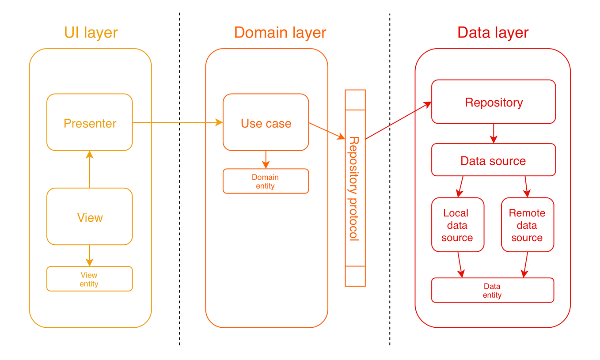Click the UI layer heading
click(91, 33)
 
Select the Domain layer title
click(280, 33)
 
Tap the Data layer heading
click(493, 33)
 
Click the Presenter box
click(90, 123)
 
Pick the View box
click(90, 217)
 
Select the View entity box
click(89, 279)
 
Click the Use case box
click(266, 123)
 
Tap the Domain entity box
click(266, 182)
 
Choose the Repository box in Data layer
click(494, 102)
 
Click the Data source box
click(493, 160)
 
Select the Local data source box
click(457, 225)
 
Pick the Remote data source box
click(527, 225)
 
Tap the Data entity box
click(492, 291)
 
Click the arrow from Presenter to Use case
click(177, 122)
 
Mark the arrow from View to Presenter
click(90, 170)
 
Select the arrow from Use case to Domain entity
click(266, 159)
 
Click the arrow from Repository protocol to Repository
click(398, 121)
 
